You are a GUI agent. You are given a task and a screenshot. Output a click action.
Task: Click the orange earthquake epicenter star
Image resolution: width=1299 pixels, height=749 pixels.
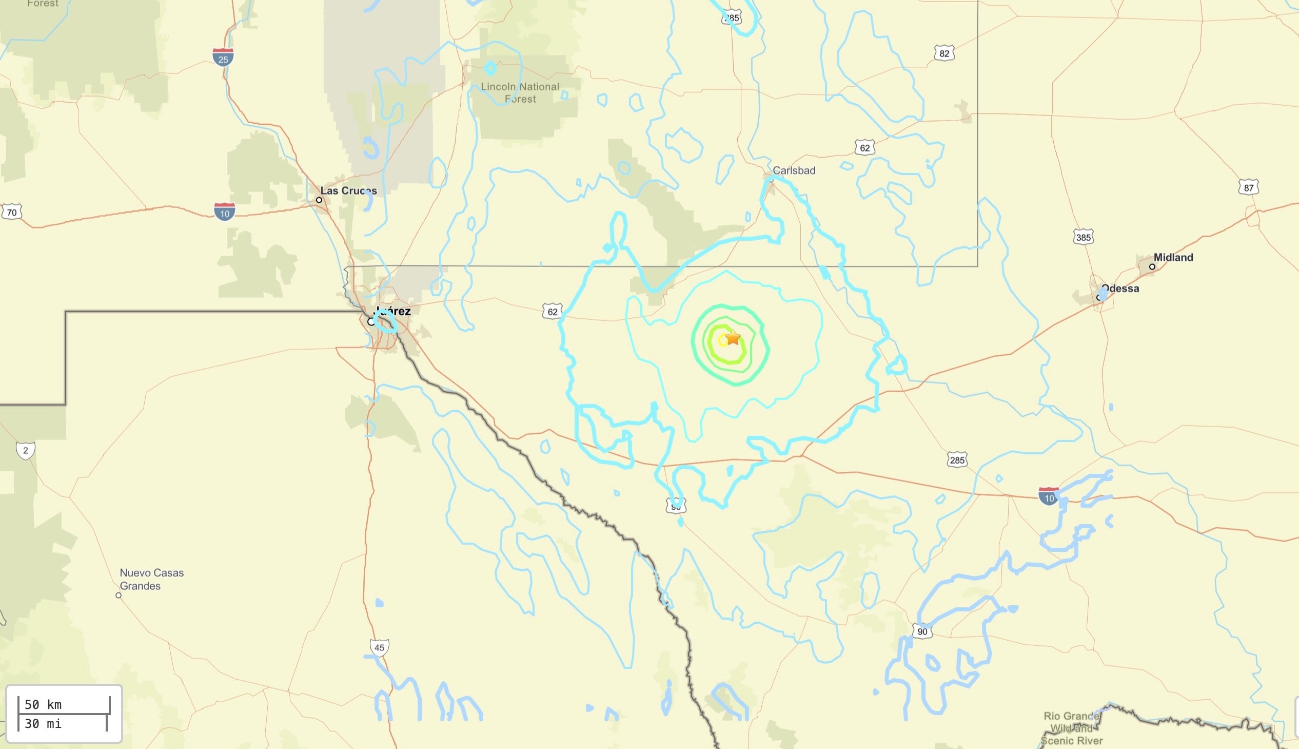(x=733, y=337)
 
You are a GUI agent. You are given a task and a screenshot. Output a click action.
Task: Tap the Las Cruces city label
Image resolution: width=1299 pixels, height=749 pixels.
(x=348, y=191)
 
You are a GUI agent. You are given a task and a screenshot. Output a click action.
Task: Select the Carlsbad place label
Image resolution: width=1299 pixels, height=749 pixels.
(x=794, y=170)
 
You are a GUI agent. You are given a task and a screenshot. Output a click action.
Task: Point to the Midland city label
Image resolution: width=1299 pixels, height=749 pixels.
(x=1173, y=257)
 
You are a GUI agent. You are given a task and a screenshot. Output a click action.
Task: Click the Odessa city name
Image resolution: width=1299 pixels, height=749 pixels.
(x=1120, y=288)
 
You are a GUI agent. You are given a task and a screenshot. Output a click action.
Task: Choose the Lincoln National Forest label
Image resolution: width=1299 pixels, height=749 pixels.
(x=520, y=92)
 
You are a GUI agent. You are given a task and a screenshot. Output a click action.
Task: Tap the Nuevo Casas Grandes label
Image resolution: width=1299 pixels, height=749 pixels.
(x=151, y=579)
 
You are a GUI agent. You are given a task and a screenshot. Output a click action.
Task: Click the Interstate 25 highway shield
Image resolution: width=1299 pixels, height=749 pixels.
(x=223, y=56)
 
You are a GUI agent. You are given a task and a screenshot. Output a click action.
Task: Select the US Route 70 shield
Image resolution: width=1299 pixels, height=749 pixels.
(x=11, y=213)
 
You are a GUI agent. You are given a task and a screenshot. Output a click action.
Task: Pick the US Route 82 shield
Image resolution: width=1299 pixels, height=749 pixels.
(x=944, y=53)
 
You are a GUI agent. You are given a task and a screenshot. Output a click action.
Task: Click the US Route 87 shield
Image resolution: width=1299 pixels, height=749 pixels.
(x=1249, y=188)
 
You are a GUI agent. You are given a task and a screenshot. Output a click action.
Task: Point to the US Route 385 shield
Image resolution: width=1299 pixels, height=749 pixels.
(x=1083, y=237)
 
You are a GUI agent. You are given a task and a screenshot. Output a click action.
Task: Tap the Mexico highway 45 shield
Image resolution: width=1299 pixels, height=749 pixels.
(x=379, y=647)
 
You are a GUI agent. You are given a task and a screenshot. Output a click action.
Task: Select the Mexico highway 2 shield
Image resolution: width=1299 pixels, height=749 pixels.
(x=25, y=450)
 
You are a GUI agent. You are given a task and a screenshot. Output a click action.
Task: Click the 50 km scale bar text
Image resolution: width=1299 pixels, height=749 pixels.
(x=43, y=704)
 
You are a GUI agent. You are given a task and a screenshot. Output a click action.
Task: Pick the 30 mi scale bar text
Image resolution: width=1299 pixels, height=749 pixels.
(x=43, y=724)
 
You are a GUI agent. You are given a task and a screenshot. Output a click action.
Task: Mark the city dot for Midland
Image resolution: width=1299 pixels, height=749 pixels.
(x=1152, y=266)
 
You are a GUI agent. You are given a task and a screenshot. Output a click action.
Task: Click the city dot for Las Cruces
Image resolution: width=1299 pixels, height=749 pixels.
(x=319, y=200)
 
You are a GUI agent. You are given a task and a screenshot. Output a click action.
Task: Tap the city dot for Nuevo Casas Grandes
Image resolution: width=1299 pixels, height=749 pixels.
(x=118, y=595)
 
